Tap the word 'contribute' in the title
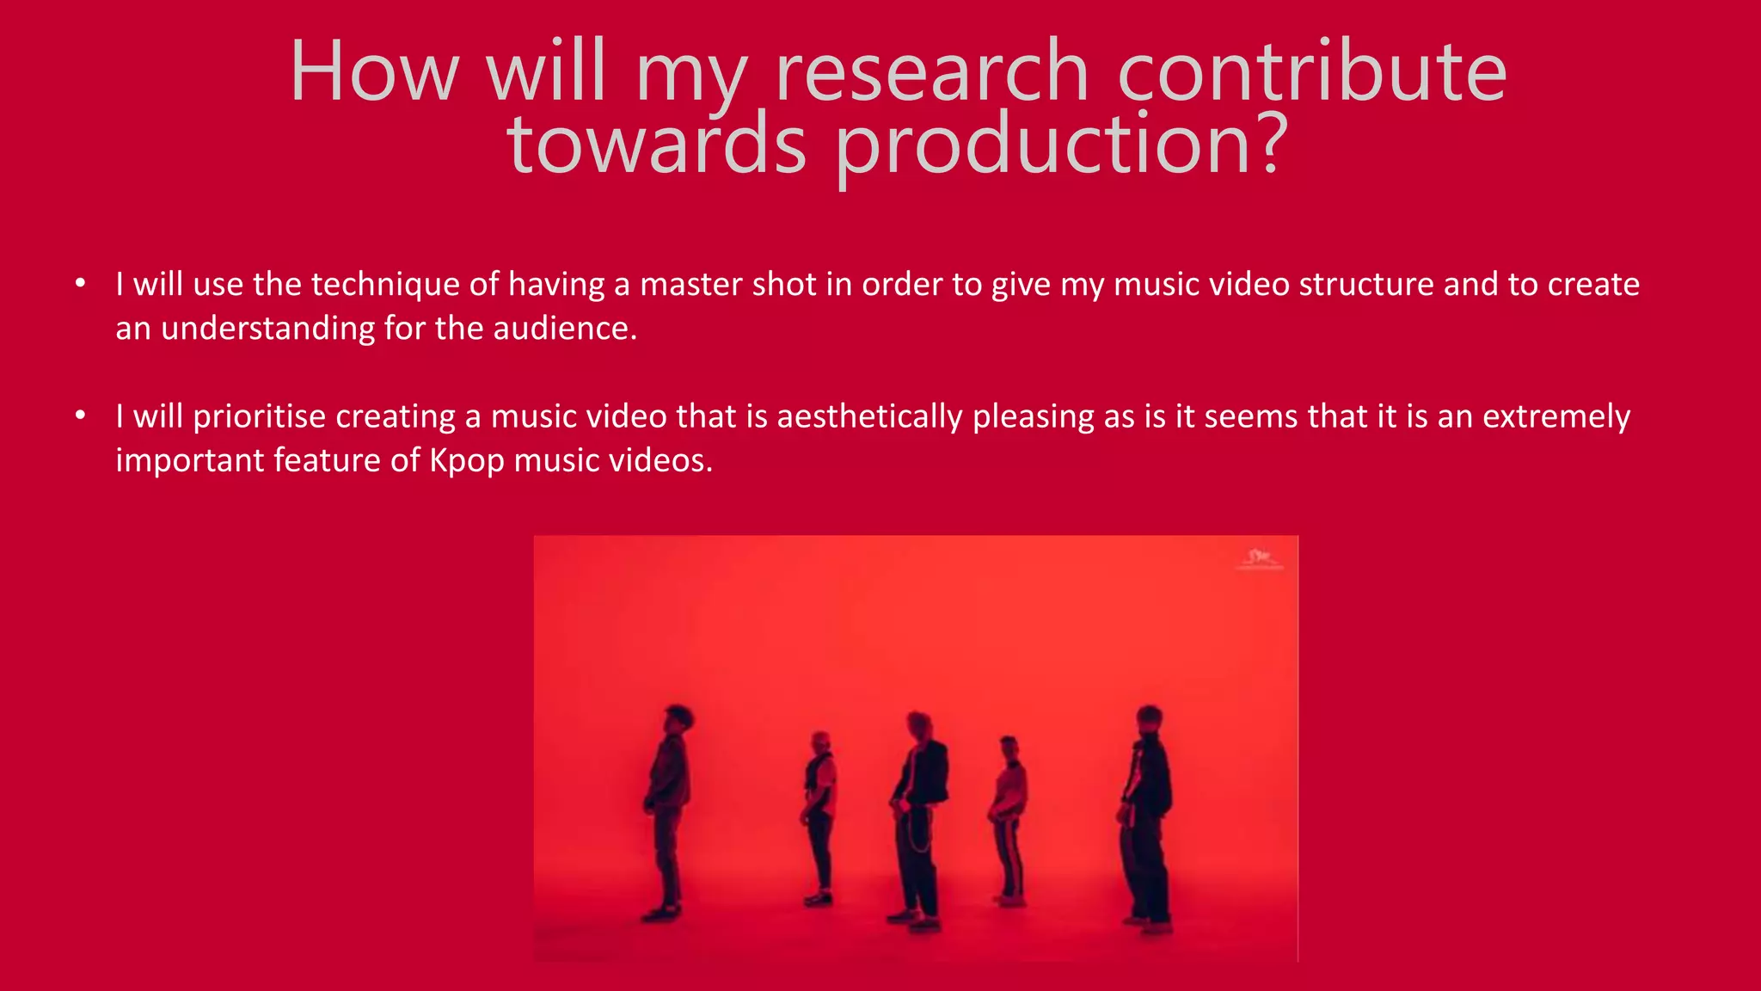(x=1312, y=72)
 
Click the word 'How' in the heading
(x=375, y=72)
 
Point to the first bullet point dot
(x=81, y=283)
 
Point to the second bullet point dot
(x=81, y=415)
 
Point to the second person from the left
(x=819, y=817)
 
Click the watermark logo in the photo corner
(x=1259, y=559)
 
